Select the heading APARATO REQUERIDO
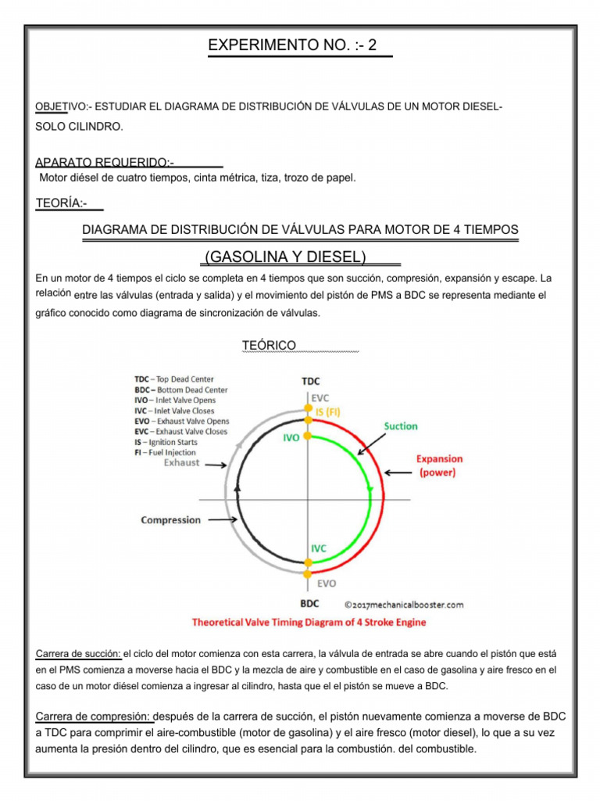105,162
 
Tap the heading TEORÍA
61,204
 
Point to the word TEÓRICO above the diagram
270,345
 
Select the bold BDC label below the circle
309,603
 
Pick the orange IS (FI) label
326,411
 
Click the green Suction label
400,426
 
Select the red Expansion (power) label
438,466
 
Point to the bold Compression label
170,519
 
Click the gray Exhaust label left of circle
181,462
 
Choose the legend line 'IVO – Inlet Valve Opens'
175,400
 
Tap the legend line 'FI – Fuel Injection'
165,452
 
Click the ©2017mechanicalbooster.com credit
404,604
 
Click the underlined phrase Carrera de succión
78,653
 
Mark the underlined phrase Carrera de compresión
94,717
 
